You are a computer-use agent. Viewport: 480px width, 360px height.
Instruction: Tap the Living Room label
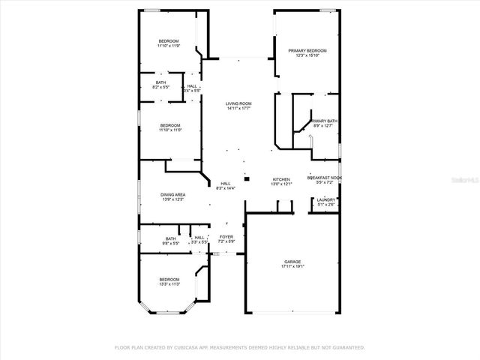[238, 103]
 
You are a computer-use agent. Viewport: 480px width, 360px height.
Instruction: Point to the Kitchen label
[280, 179]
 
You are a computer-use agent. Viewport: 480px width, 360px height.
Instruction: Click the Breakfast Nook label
[325, 178]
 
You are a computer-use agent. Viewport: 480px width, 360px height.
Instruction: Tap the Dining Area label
[173, 195]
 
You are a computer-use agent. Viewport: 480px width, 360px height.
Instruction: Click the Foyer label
[226, 236]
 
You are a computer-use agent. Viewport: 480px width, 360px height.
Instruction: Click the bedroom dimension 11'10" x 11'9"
[169, 46]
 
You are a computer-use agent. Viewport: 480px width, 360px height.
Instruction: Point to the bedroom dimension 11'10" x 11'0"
[170, 130]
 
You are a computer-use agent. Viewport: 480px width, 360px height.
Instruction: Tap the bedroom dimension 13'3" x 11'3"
[169, 284]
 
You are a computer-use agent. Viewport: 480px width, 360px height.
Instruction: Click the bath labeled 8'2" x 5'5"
[160, 88]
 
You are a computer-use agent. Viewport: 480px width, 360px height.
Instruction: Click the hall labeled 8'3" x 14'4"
[225, 188]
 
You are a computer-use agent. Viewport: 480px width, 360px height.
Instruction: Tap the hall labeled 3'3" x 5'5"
[199, 242]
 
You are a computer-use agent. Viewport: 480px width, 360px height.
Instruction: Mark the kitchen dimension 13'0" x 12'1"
[280, 184]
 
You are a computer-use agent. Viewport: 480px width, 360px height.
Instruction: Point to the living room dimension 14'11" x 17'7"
[238, 109]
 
